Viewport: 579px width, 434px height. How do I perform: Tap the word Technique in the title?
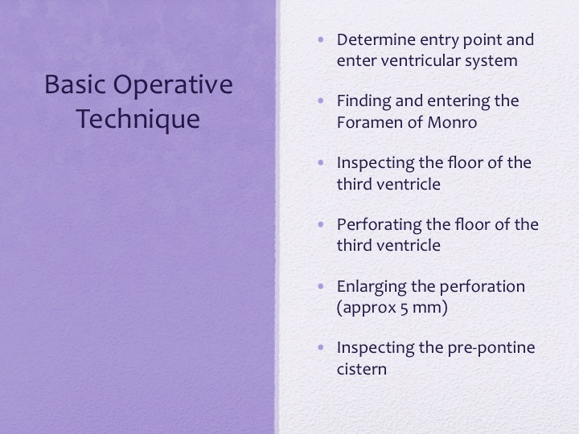[x=138, y=120]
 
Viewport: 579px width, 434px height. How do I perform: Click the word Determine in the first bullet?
[x=376, y=40]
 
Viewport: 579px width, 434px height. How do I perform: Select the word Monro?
[x=452, y=122]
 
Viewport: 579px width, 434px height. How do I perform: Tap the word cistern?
[x=362, y=370]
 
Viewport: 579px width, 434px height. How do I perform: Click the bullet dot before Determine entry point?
[x=321, y=39]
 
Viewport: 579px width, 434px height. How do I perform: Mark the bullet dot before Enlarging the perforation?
[x=321, y=286]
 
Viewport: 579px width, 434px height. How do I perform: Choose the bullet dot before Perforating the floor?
[x=321, y=224]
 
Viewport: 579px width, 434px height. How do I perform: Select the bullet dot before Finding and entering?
[x=321, y=100]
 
